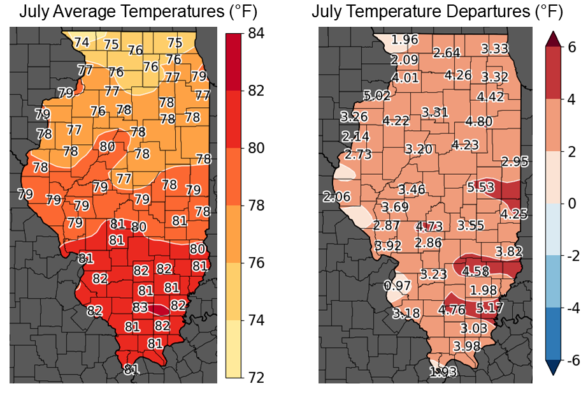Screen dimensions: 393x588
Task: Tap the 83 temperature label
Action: click(140, 308)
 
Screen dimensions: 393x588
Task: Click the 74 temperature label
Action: click(82, 42)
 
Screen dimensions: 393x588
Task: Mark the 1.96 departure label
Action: click(405, 40)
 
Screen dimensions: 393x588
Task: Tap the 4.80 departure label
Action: click(479, 121)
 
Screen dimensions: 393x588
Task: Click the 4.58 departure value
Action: click(477, 271)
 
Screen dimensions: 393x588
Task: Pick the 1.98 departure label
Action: click(484, 290)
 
